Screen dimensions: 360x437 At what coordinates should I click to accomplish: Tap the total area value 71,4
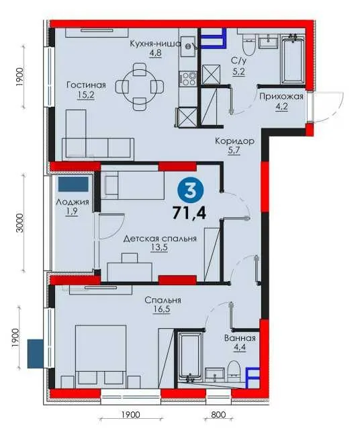coord(189,213)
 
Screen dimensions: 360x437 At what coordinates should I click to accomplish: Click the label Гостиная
coord(87,85)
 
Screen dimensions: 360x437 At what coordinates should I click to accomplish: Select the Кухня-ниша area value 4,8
coord(155,53)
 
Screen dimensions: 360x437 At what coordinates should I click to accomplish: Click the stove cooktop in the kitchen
coord(189,79)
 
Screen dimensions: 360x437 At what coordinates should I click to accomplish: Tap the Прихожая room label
coord(281,97)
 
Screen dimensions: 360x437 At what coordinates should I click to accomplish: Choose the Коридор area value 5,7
coord(234,151)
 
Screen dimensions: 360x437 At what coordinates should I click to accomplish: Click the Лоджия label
coord(73,202)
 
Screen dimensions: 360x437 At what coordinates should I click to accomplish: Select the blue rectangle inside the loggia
coord(73,184)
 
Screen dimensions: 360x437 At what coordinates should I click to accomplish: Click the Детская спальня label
coord(160,239)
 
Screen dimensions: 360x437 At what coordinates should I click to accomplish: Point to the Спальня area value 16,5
coord(161,310)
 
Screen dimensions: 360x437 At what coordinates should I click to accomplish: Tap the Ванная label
coord(240,338)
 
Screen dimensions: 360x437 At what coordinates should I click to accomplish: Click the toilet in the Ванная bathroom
coord(233,371)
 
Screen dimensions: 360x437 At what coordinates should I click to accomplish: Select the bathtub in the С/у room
coord(292,59)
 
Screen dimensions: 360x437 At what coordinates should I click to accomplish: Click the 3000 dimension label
coord(19,223)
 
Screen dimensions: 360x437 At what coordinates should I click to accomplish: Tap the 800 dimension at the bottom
coord(218,415)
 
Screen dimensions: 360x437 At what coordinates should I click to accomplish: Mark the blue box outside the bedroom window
coord(36,354)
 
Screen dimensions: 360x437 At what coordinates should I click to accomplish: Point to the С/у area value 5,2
coord(238,72)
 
